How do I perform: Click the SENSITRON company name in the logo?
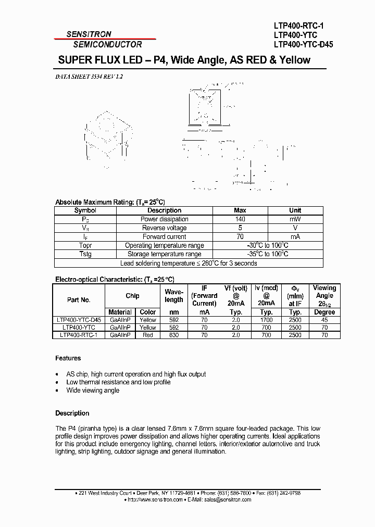coord(89,34)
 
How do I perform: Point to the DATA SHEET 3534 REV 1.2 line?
coord(89,77)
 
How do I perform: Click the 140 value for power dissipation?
coord(240,219)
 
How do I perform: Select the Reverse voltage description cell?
coord(165,228)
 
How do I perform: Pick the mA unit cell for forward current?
coord(295,236)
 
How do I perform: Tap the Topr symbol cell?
coord(85,245)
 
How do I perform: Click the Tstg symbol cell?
coord(85,254)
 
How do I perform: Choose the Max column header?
coord(240,210)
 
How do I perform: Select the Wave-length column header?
coord(174,296)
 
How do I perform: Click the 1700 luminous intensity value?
coord(266,320)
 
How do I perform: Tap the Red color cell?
coord(148,335)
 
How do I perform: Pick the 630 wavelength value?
coord(174,335)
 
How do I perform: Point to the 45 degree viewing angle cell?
coord(324,320)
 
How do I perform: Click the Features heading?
coord(68,358)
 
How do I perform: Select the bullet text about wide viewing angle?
coord(93,390)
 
